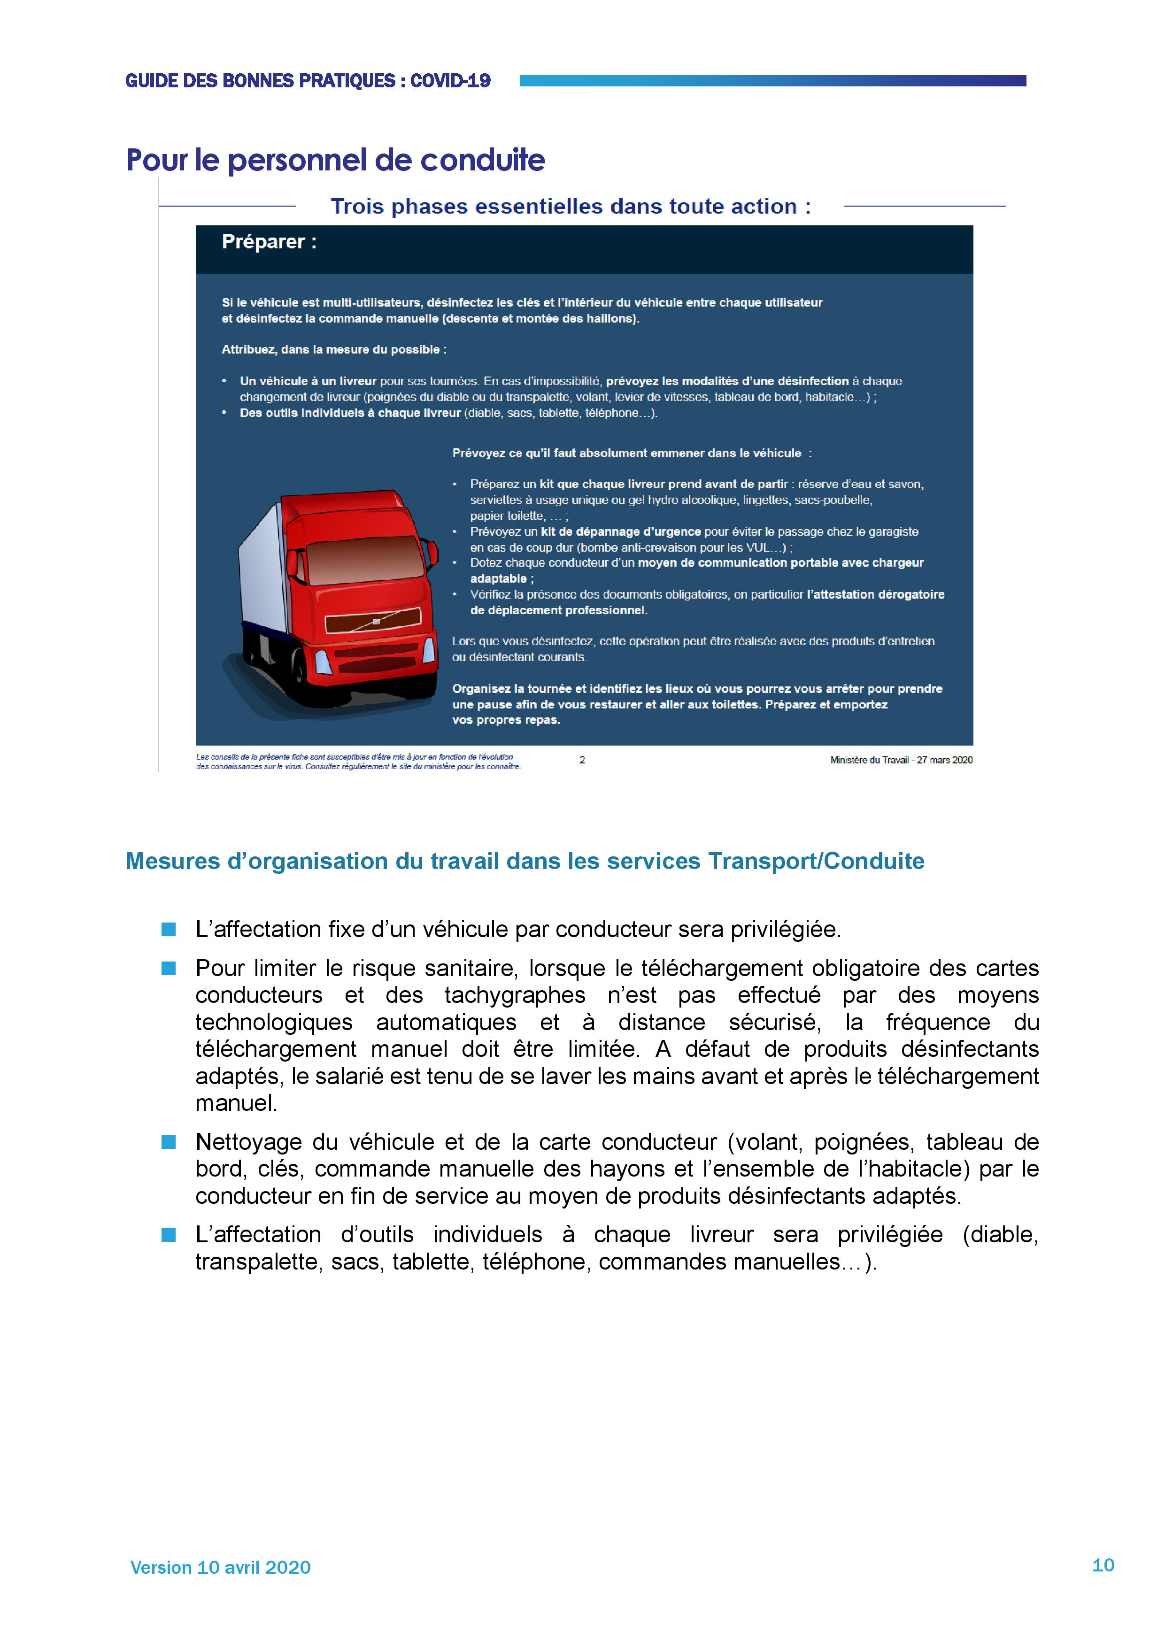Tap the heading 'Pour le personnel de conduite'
point(336,160)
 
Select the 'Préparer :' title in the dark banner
point(269,242)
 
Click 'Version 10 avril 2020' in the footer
point(220,1567)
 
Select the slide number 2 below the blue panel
point(582,760)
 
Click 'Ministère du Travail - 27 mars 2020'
point(901,760)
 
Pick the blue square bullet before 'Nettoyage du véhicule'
point(169,1142)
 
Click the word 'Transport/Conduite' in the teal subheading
point(816,861)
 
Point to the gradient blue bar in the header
point(772,80)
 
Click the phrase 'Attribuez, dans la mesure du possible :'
point(333,349)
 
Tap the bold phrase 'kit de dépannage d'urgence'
point(620,531)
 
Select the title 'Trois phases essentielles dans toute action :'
point(571,207)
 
